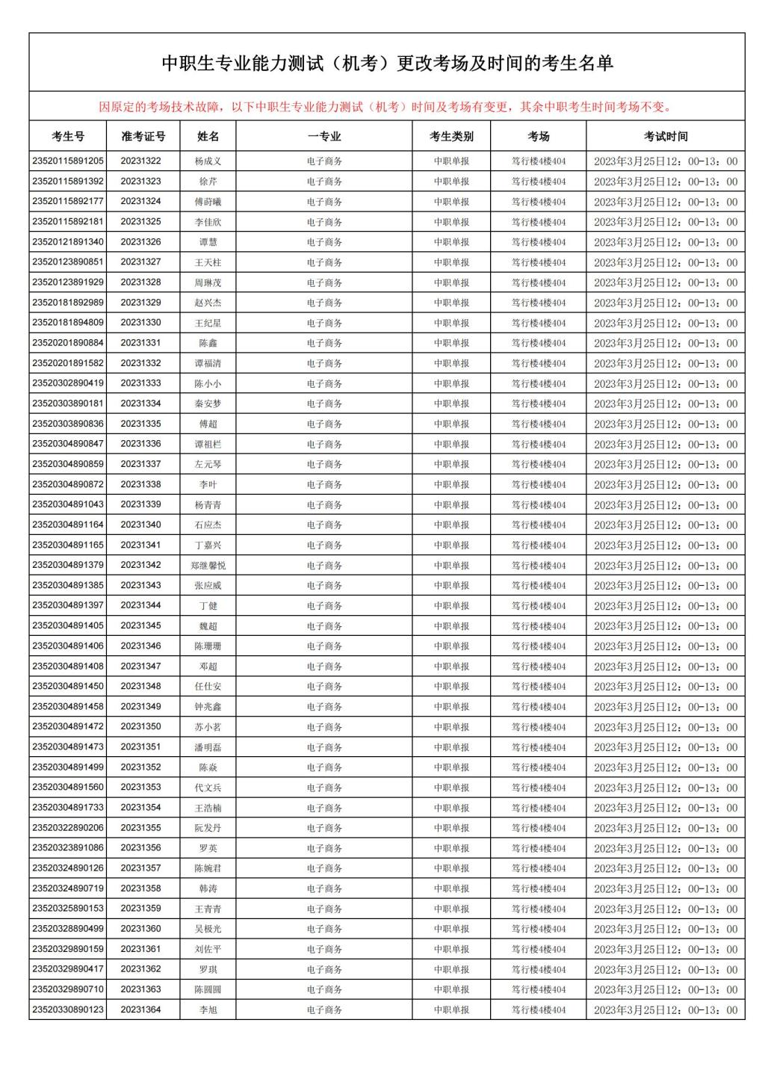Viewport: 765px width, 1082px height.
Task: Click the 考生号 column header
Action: click(68, 136)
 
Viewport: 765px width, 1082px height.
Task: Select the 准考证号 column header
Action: click(143, 136)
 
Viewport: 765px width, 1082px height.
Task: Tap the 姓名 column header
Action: click(208, 136)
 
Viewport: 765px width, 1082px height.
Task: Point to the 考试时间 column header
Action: click(665, 136)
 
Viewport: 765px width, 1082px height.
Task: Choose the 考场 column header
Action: click(538, 136)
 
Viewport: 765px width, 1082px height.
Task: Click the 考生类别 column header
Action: click(451, 136)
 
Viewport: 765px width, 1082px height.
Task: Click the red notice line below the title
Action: click(386, 107)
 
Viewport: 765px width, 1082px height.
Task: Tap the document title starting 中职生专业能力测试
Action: click(387, 64)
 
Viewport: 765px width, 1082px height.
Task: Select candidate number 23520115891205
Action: click(68, 161)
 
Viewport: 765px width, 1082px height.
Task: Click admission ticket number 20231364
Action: click(141, 1010)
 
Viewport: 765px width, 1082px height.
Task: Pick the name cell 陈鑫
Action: click(208, 343)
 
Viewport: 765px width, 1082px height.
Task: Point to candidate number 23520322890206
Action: click(68, 828)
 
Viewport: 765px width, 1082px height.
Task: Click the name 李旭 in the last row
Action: click(208, 1010)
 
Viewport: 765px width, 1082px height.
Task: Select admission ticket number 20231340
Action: click(141, 525)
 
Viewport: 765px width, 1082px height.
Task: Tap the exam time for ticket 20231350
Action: click(665, 727)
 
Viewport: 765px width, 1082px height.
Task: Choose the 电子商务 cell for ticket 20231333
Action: click(324, 383)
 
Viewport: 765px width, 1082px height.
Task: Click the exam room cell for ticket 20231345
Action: click(538, 626)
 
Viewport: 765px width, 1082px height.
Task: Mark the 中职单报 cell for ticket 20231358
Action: click(451, 888)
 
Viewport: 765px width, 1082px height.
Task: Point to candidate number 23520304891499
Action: click(68, 767)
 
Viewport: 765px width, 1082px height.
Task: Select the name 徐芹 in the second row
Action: click(208, 182)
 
